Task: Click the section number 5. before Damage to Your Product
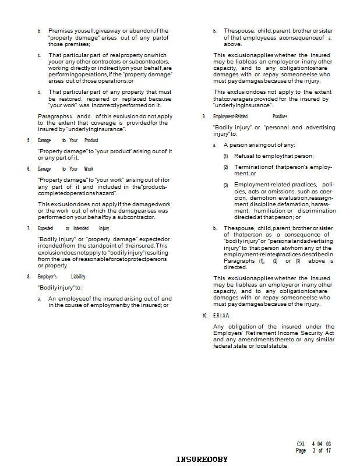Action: click(x=28, y=140)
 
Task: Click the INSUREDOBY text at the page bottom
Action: click(x=202, y=460)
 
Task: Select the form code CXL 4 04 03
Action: click(x=313, y=444)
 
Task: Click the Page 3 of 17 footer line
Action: click(x=313, y=451)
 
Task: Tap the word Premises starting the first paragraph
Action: click(x=61, y=30)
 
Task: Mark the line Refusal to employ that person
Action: click(x=274, y=156)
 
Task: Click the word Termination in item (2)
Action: click(x=250, y=167)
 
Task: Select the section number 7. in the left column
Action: click(x=28, y=228)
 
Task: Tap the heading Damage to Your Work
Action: click(x=65, y=169)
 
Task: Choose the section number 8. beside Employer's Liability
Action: click(x=28, y=277)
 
